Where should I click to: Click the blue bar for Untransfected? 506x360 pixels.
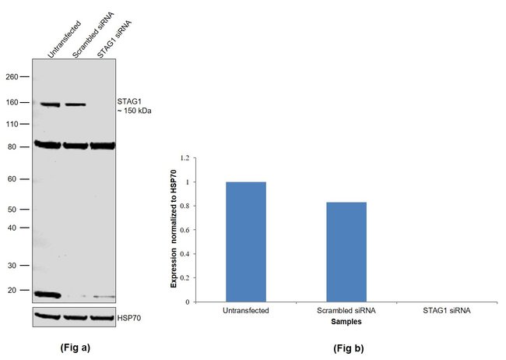point(246,242)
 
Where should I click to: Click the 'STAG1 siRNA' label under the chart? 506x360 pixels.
point(448,310)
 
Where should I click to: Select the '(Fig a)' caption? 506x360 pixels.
point(76,348)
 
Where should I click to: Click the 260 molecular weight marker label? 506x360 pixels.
point(12,77)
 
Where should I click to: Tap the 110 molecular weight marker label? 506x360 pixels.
point(12,124)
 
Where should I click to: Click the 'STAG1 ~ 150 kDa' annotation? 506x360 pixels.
point(134,105)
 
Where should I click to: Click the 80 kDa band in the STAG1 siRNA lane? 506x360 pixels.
point(102,145)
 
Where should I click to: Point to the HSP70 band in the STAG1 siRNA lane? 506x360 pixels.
point(102,317)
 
